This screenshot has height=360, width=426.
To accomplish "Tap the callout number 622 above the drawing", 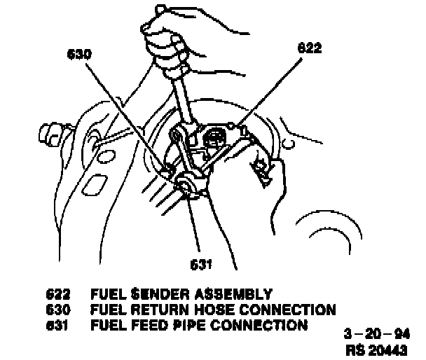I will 308,49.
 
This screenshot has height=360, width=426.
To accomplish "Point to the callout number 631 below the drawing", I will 200,264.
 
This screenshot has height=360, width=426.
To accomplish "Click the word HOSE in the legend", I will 209,310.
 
